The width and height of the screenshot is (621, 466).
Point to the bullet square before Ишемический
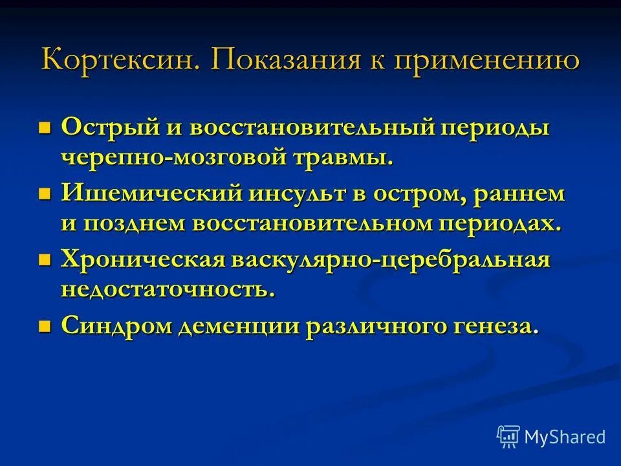tap(45, 193)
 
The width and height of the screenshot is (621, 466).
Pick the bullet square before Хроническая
tap(45, 260)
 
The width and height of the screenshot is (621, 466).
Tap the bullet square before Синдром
tap(45, 326)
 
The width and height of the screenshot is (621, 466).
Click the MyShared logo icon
tap(508, 437)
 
